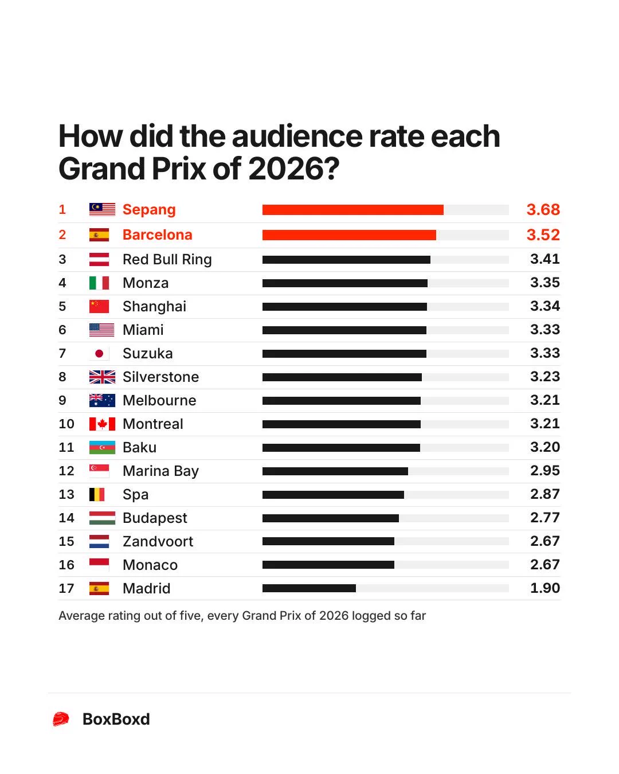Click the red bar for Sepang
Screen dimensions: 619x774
[x=352, y=210]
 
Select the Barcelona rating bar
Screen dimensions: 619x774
[x=349, y=235]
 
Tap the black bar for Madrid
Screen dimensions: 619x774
[x=309, y=588]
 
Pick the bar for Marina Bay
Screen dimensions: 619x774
[x=335, y=471]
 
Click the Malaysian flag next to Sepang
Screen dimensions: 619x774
[x=102, y=209]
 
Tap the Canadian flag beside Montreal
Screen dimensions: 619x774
[x=102, y=424]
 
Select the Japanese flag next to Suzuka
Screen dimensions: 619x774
[x=99, y=354]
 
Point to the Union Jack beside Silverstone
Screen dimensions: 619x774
[x=102, y=377]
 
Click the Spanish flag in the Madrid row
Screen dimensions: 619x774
[x=99, y=588]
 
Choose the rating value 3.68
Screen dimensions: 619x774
[x=543, y=210]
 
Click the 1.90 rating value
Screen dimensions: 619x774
[x=545, y=588]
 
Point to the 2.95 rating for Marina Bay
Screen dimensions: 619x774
[x=545, y=471]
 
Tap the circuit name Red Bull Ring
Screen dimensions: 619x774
[x=167, y=260]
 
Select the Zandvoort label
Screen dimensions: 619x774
[x=158, y=541]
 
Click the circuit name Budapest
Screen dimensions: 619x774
[x=155, y=518]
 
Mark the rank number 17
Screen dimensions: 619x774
[x=66, y=588]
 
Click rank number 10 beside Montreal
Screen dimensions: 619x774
[x=66, y=424]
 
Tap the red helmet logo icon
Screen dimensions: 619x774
[x=61, y=719]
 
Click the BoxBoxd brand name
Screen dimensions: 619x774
[x=116, y=720]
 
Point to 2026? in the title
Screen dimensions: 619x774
[x=293, y=169]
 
